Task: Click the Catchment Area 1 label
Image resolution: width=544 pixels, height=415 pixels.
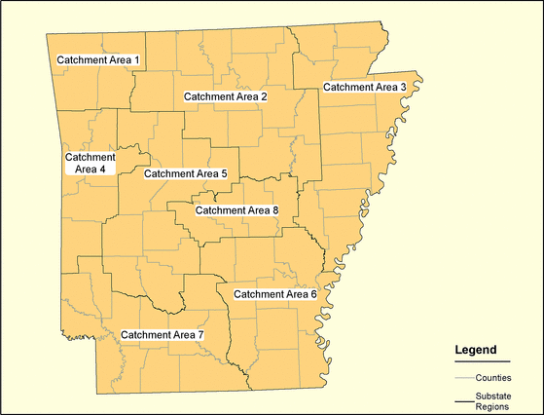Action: [x=98, y=60]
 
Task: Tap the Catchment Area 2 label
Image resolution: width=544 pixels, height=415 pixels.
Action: [x=225, y=96]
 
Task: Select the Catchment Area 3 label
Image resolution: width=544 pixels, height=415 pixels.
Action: [x=364, y=87]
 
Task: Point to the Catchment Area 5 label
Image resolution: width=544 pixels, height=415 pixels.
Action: [x=185, y=173]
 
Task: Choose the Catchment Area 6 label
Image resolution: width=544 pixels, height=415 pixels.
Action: [x=275, y=293]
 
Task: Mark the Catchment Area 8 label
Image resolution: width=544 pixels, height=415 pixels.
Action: [x=237, y=209]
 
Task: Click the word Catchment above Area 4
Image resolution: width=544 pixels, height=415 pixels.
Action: [x=90, y=156]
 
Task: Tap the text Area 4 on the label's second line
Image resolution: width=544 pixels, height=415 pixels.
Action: [x=90, y=169]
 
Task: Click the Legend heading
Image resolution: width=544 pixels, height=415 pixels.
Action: [x=476, y=349]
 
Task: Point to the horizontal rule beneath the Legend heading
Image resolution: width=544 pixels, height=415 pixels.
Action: [x=482, y=361]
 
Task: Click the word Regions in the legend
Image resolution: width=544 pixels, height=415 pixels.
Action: [x=493, y=407]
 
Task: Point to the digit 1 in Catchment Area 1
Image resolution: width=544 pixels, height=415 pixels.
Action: [x=137, y=60]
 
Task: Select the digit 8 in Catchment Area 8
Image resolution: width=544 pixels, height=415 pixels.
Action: [x=275, y=209]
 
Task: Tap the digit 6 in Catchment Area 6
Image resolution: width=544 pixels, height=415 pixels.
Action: [x=313, y=293]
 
